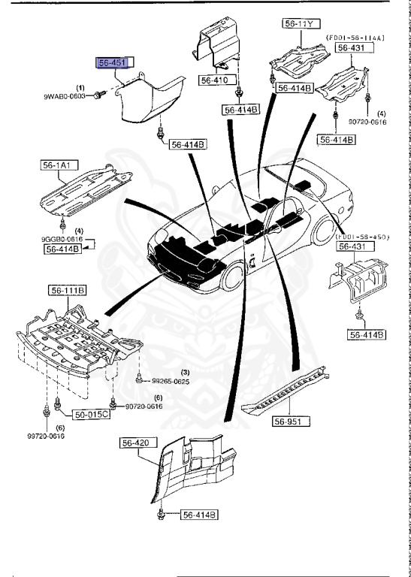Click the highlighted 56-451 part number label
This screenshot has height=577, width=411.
110,63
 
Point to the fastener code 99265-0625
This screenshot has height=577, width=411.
171,382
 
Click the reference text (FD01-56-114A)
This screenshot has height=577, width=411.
355,36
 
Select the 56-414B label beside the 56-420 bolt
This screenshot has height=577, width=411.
198,515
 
